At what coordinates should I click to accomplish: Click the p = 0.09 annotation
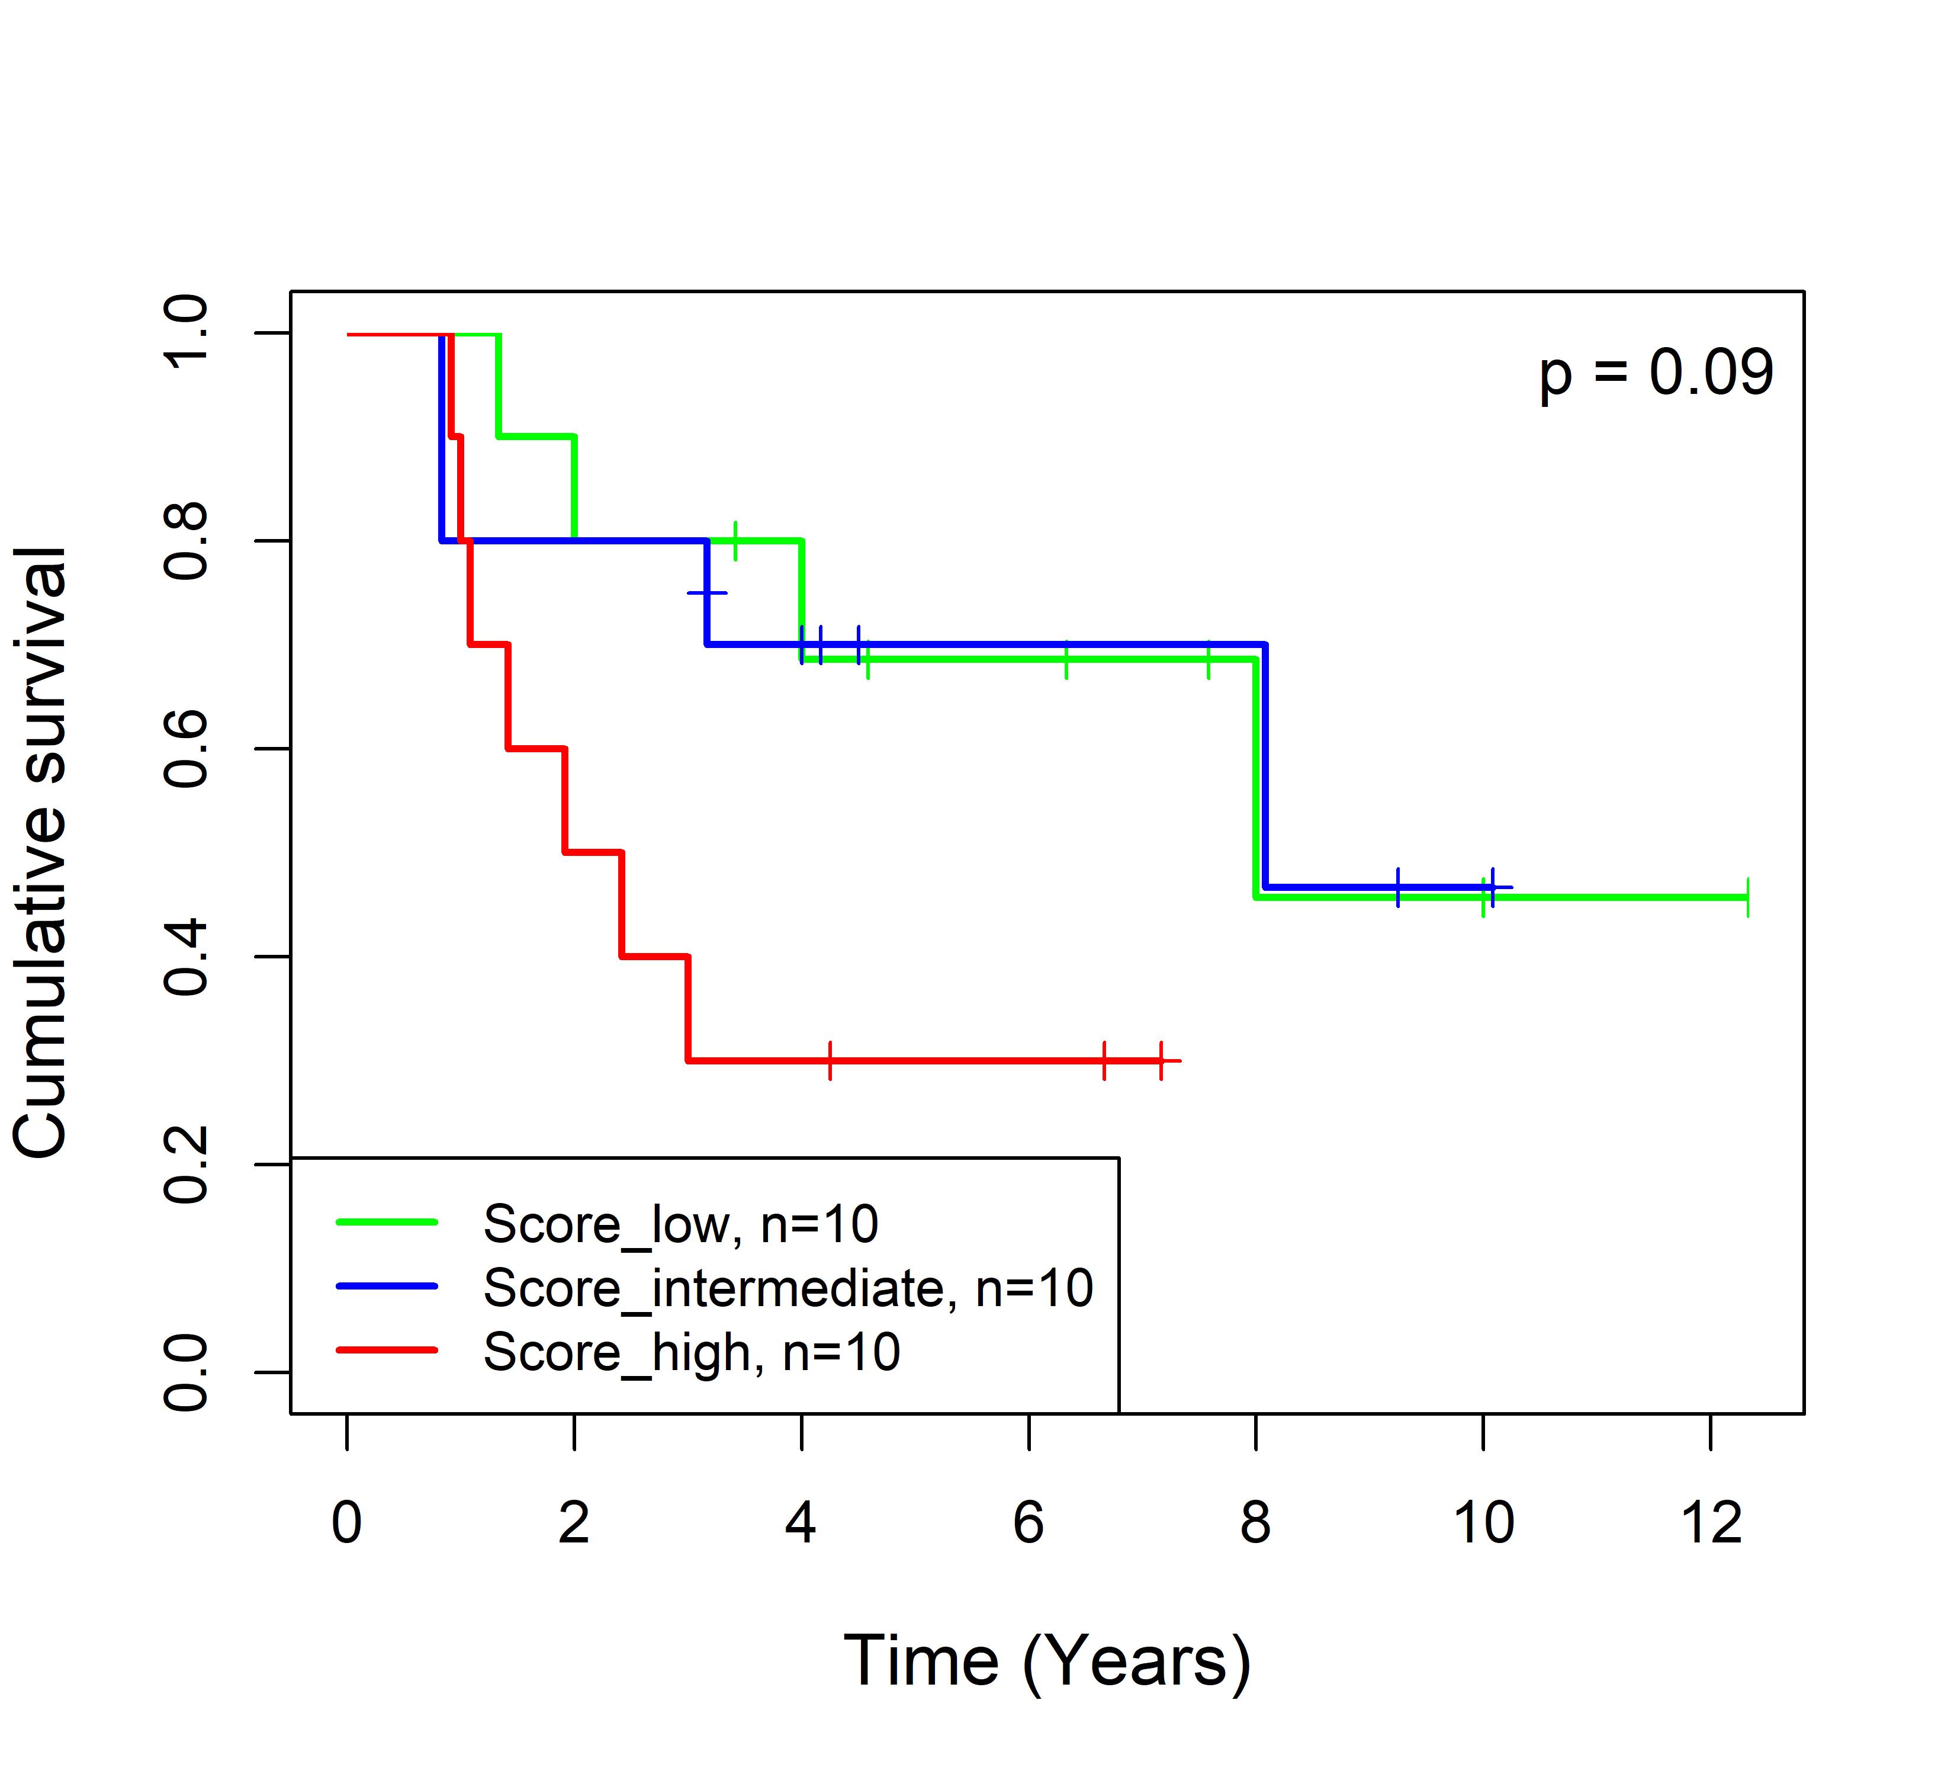coord(1656,373)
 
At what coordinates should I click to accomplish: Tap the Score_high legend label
coord(691,1352)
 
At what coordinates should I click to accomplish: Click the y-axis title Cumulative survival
coord(41,852)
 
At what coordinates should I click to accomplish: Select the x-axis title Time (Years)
coord(1047,1661)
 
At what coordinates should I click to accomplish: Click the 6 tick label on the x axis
coord(1029,1523)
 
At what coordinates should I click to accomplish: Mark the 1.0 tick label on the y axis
coord(186,332)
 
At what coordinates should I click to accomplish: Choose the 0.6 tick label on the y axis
coord(186,749)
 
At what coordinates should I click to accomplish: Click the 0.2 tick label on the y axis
coord(186,1165)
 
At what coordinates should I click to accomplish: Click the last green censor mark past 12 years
coord(1747,898)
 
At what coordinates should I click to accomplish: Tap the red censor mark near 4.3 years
coord(831,1061)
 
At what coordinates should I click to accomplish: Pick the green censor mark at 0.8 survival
coord(735,540)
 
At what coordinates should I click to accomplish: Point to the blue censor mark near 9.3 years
coord(1397,887)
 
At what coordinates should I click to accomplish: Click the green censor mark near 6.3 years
coord(1066,660)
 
